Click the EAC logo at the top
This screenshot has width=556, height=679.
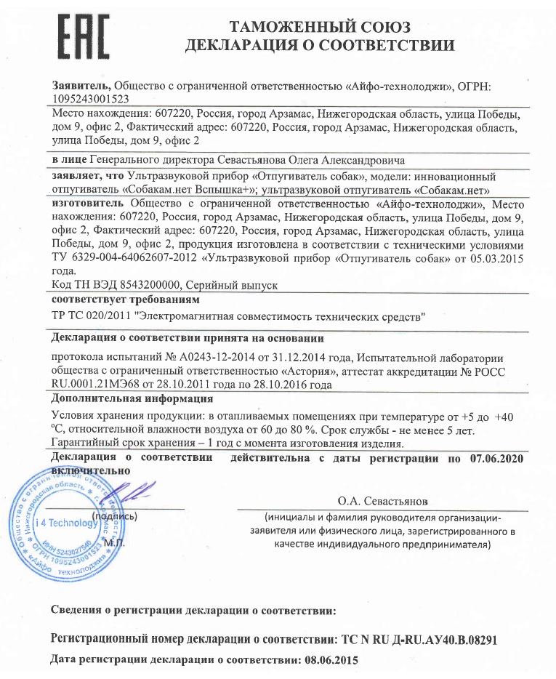click(83, 36)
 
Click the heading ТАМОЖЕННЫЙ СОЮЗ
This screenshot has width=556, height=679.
click(321, 28)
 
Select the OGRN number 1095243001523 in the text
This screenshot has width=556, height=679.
click(91, 100)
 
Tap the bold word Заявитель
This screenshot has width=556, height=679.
click(81, 86)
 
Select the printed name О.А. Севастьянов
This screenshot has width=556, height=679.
click(383, 502)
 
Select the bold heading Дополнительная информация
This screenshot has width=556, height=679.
click(132, 398)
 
